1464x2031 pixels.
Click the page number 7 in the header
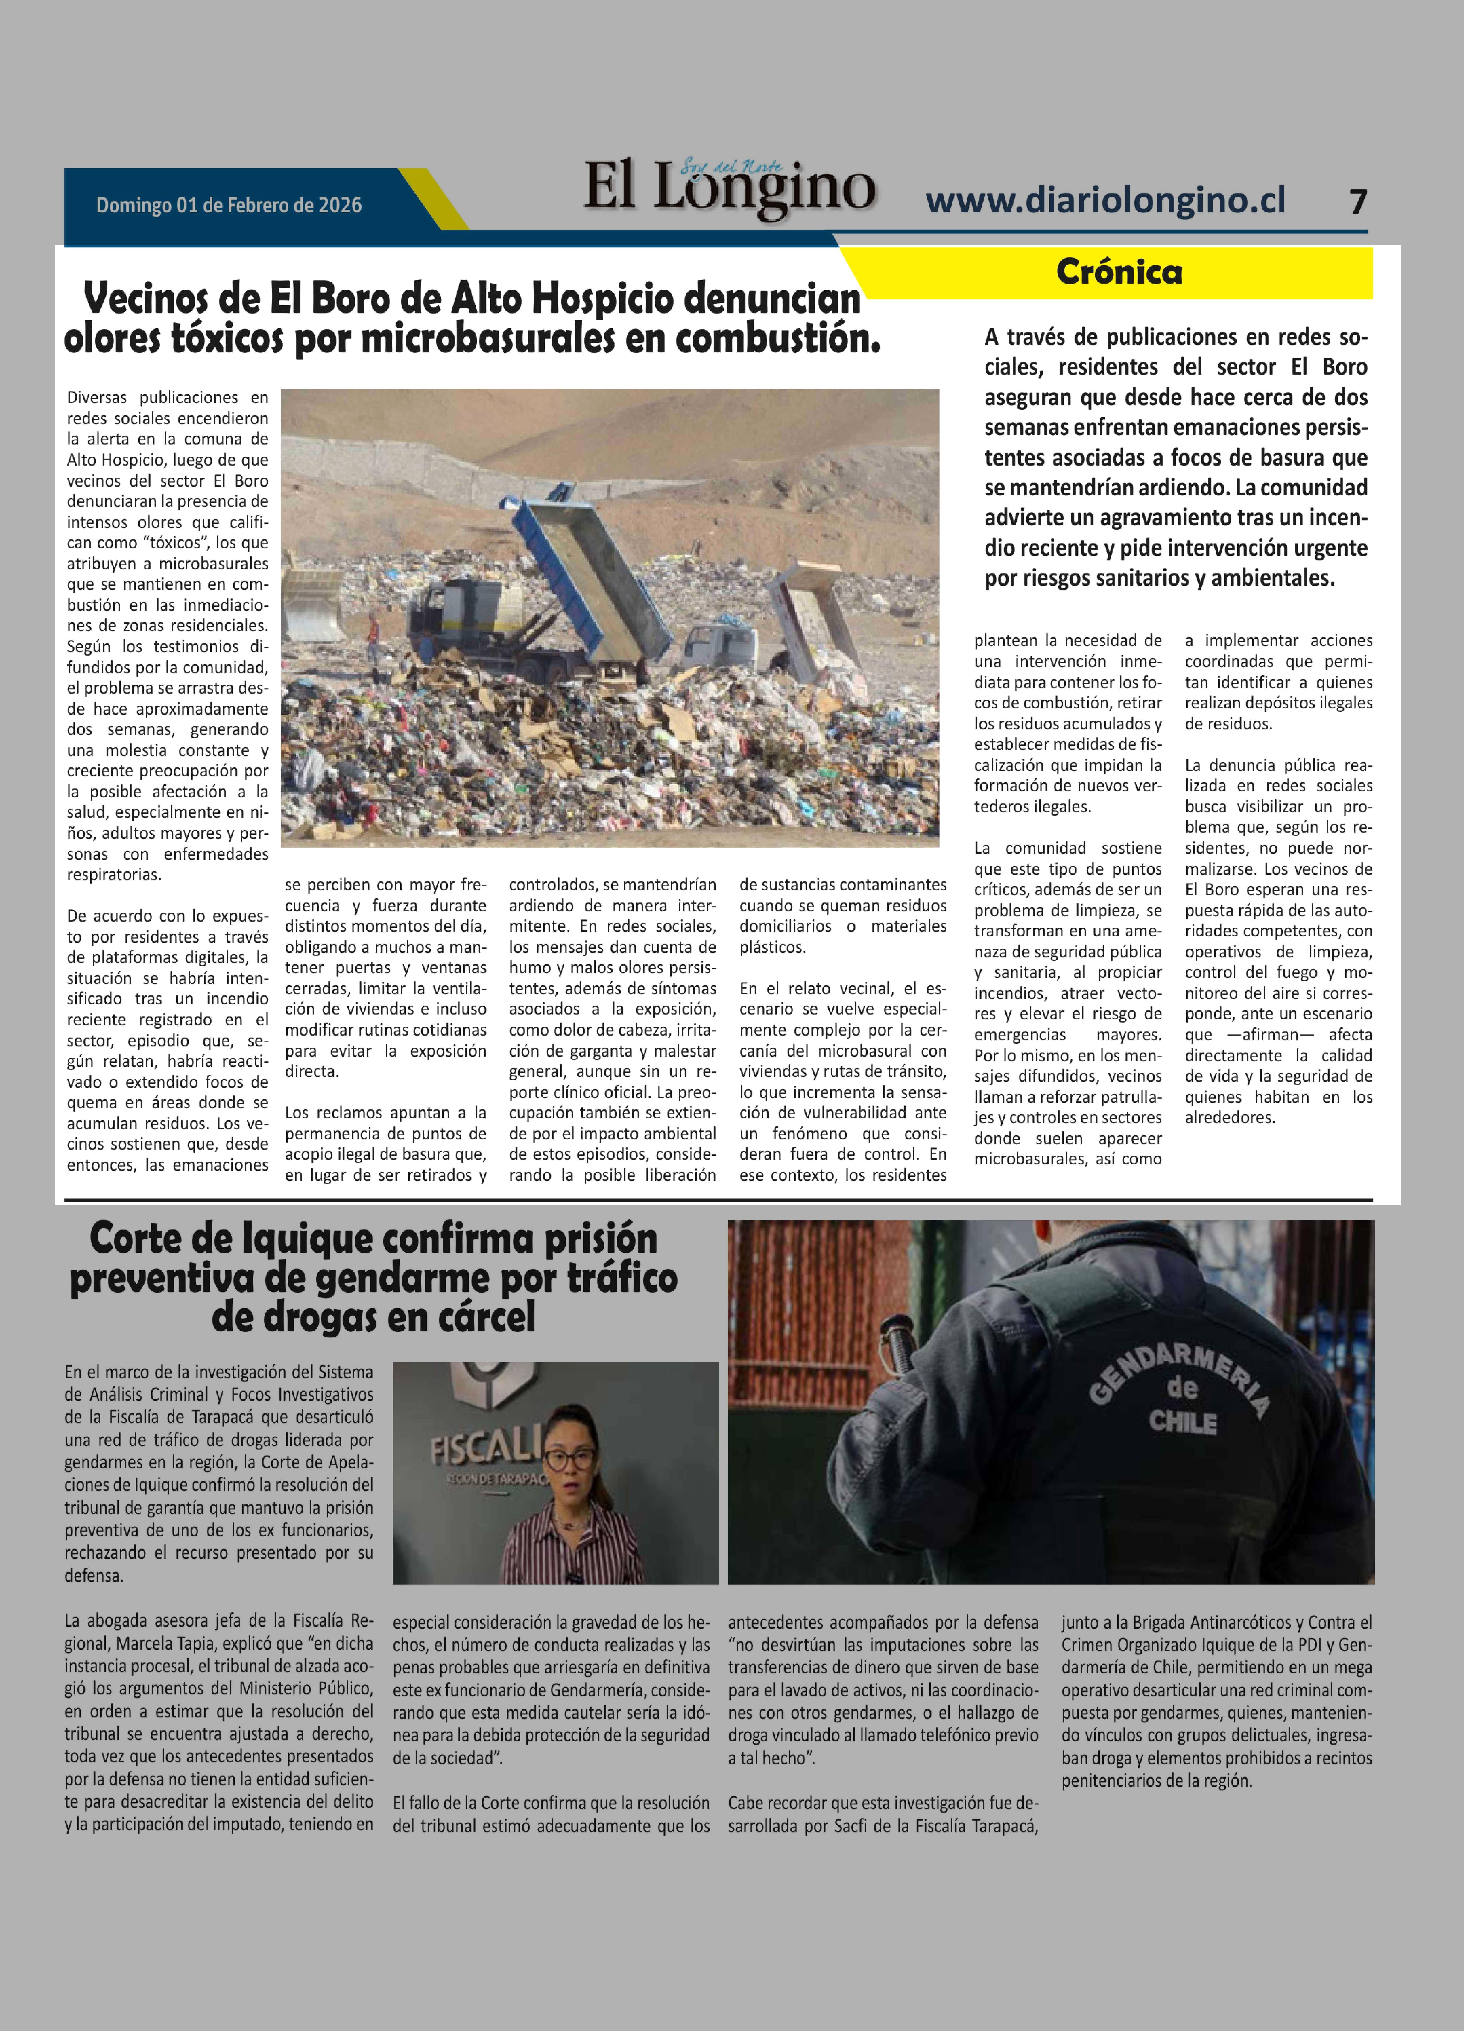pyautogui.click(x=1357, y=202)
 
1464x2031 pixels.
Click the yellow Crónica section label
pyautogui.click(x=1118, y=271)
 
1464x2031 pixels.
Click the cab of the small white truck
pyautogui.click(x=721, y=640)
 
